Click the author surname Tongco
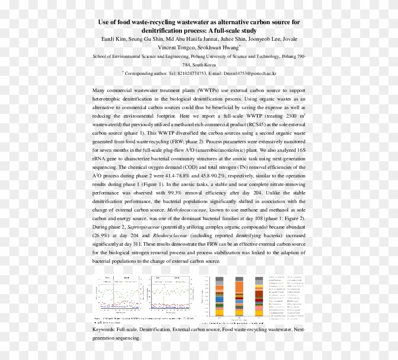186,47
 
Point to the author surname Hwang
229,47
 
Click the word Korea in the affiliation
208,65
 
